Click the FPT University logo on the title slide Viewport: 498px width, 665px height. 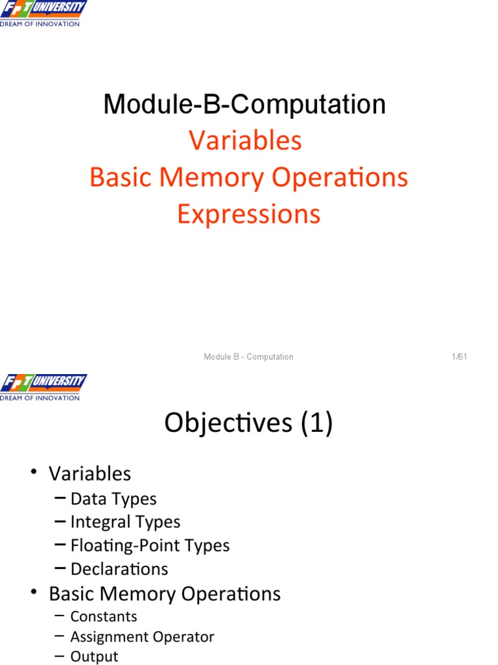click(x=43, y=13)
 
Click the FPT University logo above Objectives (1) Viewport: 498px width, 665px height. click(x=43, y=387)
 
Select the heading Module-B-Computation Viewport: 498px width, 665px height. click(x=244, y=104)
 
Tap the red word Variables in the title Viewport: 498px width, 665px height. click(x=245, y=140)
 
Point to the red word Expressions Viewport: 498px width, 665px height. click(x=248, y=214)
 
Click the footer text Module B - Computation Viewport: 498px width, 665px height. click(x=248, y=357)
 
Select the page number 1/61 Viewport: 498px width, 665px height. click(x=460, y=357)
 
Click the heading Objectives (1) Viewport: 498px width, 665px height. click(x=248, y=423)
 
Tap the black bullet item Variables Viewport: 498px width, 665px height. click(x=89, y=473)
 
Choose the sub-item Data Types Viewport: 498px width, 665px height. click(x=113, y=499)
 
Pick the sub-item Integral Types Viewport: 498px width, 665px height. click(x=125, y=522)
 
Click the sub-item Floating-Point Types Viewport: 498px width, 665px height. click(x=150, y=546)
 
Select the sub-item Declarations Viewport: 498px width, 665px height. click(x=119, y=569)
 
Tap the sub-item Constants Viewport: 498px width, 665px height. click(x=104, y=616)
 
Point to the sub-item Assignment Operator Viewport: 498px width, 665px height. click(x=142, y=637)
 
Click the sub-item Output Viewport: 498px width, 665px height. click(x=94, y=657)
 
